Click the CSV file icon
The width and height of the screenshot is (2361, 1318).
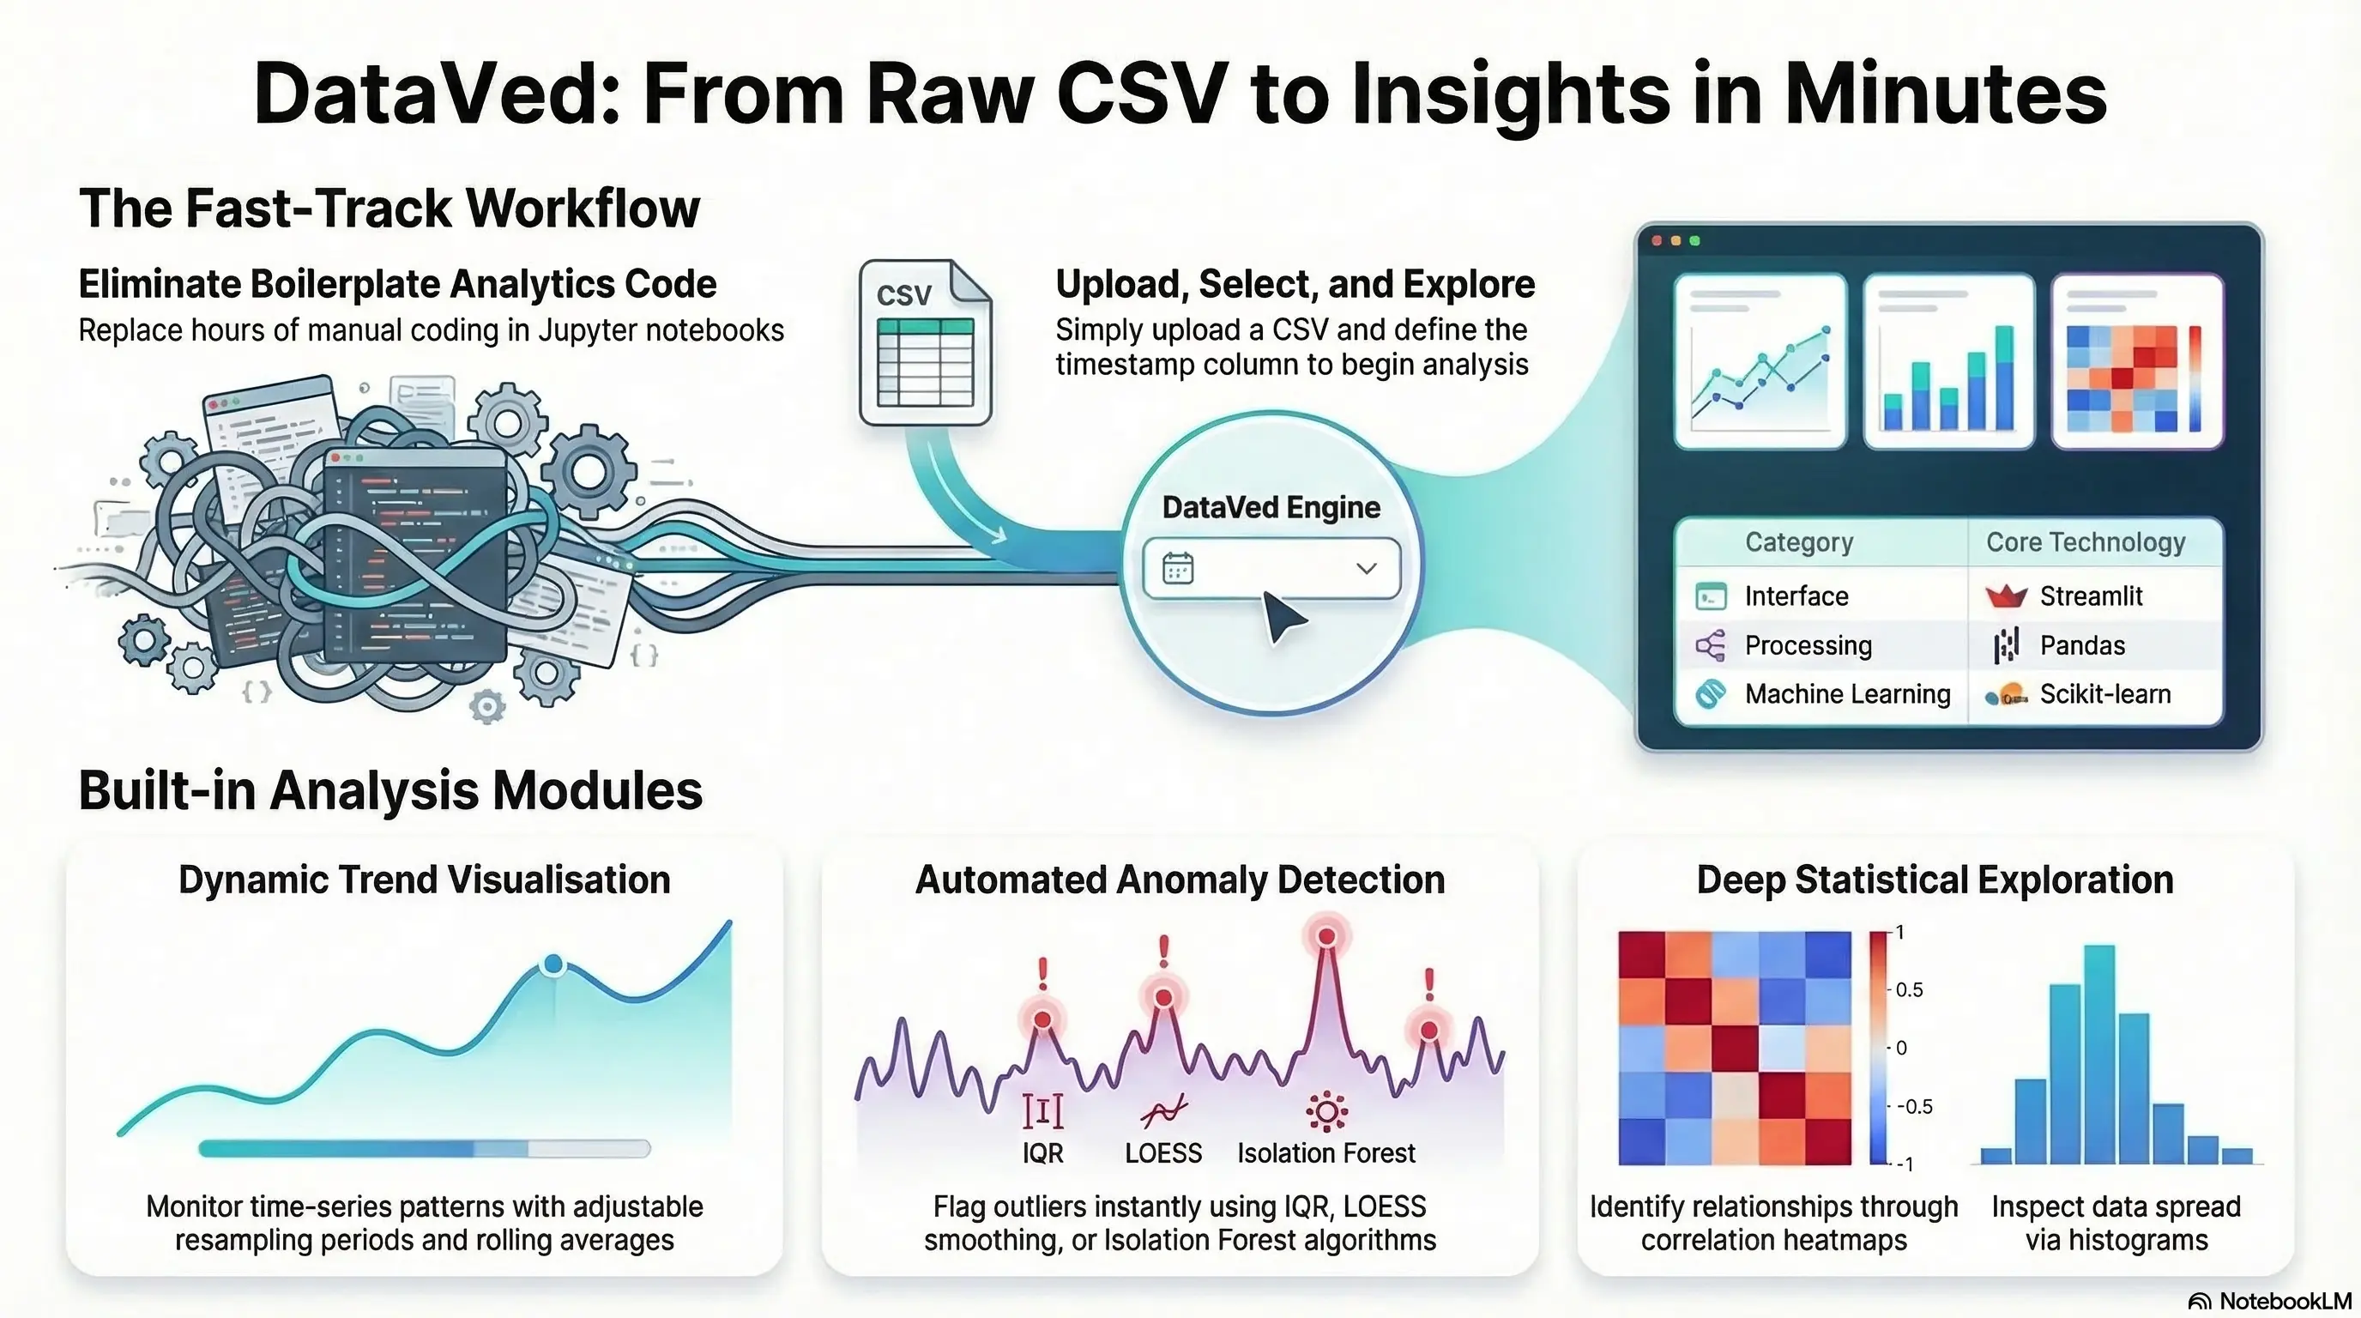[925, 342]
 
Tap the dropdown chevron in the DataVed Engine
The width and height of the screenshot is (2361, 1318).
[1366, 568]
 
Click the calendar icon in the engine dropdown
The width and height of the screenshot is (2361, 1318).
[1178, 568]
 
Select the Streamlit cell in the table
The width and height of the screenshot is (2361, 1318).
[2091, 596]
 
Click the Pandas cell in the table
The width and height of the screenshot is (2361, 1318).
[2081, 646]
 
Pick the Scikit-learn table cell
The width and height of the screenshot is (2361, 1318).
[2104, 695]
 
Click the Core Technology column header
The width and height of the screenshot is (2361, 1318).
[2085, 542]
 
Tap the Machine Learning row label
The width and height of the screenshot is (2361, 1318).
[1847, 695]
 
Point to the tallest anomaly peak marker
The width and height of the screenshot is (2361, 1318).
[1325, 937]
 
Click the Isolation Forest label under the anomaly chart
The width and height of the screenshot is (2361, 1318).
[1325, 1153]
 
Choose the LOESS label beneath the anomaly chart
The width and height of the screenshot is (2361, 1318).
[1163, 1153]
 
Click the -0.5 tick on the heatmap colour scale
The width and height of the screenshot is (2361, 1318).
[1914, 1106]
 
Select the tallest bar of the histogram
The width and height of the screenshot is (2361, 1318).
[2098, 1054]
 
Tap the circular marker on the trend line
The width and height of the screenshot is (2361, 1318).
[553, 964]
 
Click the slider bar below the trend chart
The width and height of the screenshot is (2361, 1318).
[425, 1148]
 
